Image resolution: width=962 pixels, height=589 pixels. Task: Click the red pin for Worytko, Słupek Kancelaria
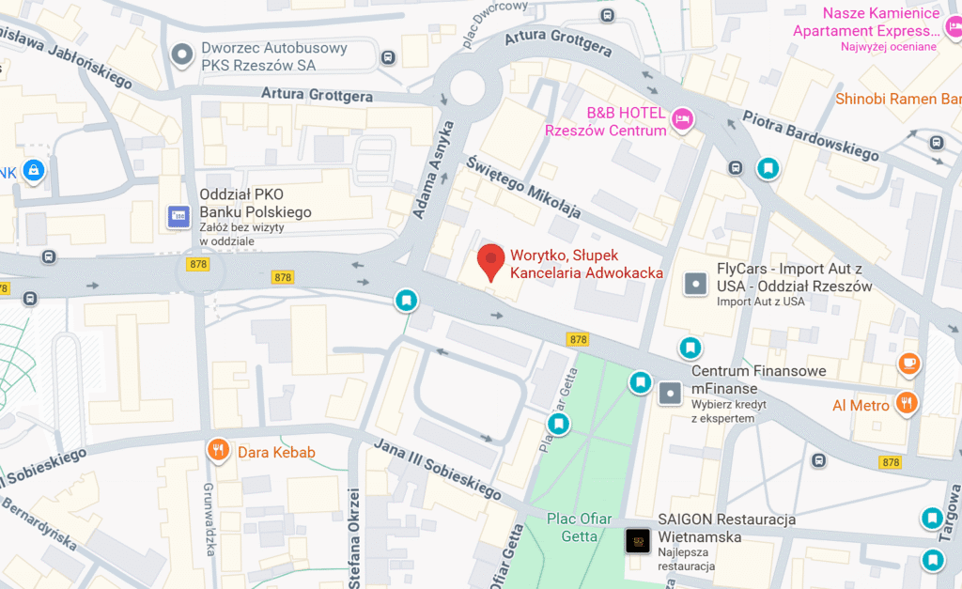490,260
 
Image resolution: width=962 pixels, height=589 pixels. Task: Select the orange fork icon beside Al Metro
906,403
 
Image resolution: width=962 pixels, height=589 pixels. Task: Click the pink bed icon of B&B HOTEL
682,118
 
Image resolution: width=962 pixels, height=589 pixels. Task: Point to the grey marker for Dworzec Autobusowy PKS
180,55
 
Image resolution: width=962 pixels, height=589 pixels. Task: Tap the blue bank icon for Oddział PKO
178,217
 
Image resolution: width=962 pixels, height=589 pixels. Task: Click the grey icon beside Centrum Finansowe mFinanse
669,393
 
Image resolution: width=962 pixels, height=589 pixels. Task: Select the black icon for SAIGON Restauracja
637,540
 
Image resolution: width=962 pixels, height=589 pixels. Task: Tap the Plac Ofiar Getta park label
580,528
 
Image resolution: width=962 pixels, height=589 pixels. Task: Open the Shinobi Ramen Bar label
898,99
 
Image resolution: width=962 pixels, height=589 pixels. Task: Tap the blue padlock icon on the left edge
33,170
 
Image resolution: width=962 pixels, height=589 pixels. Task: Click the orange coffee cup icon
908,364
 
